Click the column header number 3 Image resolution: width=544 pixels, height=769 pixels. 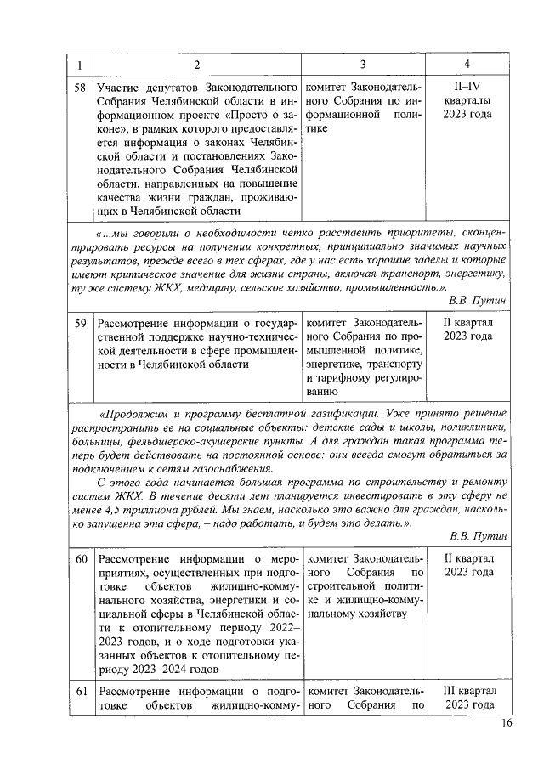pos(363,65)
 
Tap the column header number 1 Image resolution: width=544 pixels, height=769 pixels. pos(80,65)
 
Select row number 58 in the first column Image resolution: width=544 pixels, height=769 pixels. pos(80,88)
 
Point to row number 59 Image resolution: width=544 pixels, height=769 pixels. pos(80,324)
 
